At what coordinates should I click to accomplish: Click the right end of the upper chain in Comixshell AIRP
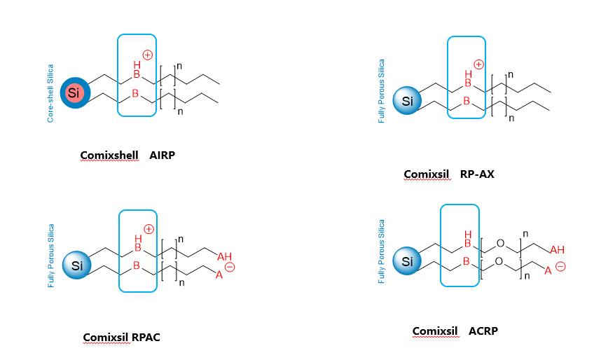219,84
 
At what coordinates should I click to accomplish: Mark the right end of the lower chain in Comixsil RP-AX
549,111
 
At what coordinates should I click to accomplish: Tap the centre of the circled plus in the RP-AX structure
479,64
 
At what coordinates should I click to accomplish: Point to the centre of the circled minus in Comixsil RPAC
230,267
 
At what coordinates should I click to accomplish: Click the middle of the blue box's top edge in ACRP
460,205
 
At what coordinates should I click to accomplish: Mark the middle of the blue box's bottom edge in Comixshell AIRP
137,116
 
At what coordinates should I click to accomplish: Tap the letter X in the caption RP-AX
490,174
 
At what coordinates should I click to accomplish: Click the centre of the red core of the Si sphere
74,93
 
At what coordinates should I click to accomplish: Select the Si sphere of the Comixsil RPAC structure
77,265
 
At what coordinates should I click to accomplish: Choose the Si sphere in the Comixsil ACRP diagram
407,261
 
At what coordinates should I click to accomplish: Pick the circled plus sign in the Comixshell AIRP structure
147,55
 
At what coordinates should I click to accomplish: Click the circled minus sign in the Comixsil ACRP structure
560,266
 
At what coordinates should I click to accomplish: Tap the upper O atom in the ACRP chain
500,243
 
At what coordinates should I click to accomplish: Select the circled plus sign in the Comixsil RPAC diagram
148,229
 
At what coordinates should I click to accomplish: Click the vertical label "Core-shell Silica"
50,93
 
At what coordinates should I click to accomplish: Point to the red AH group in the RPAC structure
224,256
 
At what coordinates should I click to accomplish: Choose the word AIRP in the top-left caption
162,155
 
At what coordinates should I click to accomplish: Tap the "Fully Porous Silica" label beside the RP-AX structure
382,91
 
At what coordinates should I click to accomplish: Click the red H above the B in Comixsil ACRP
468,235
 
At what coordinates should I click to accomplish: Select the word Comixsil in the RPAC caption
106,337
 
